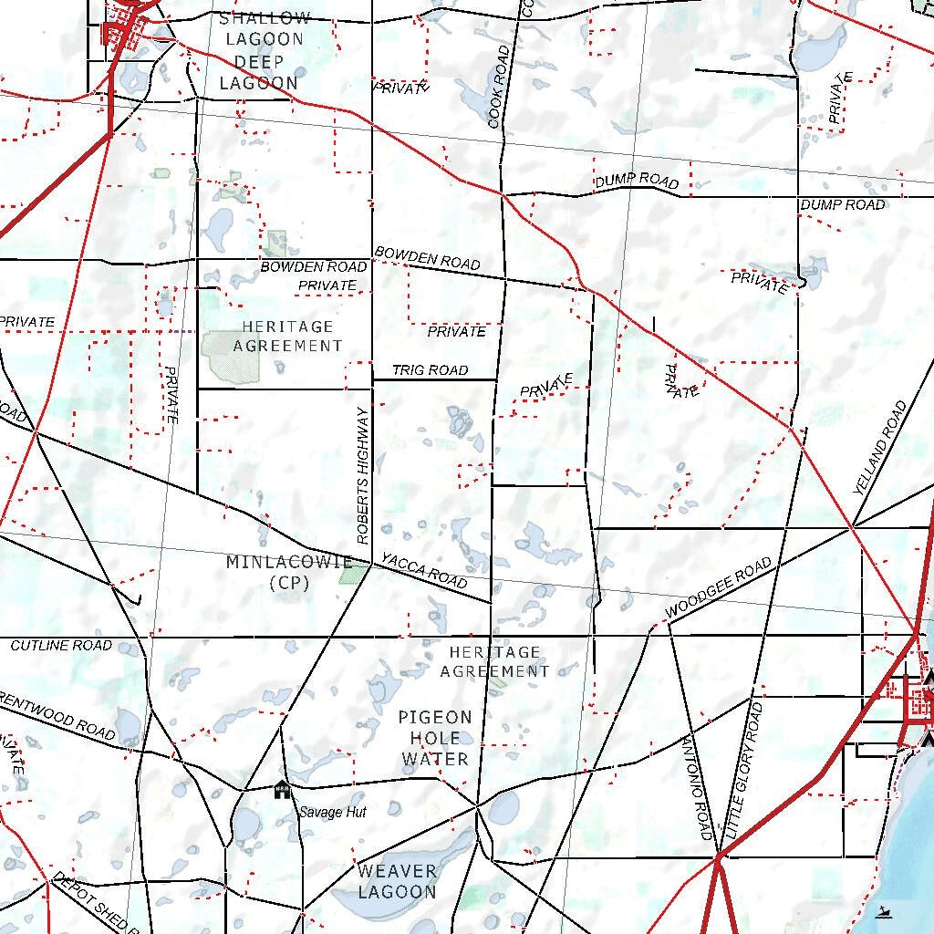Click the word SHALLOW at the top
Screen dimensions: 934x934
265,18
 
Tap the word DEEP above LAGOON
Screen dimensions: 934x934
258,61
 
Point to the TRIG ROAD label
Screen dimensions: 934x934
430,370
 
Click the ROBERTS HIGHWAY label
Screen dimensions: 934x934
363,475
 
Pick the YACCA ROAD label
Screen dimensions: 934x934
424,571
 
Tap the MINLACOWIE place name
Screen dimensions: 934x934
289,562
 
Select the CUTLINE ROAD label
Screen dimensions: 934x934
61,646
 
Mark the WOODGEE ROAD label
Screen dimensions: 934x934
719,587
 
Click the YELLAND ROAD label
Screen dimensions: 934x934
880,448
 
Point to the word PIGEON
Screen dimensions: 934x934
435,718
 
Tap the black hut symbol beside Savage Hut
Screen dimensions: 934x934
282,790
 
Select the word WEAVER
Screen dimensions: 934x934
397,871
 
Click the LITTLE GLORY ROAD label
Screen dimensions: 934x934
743,772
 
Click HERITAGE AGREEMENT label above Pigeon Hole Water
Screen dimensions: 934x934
494,661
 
